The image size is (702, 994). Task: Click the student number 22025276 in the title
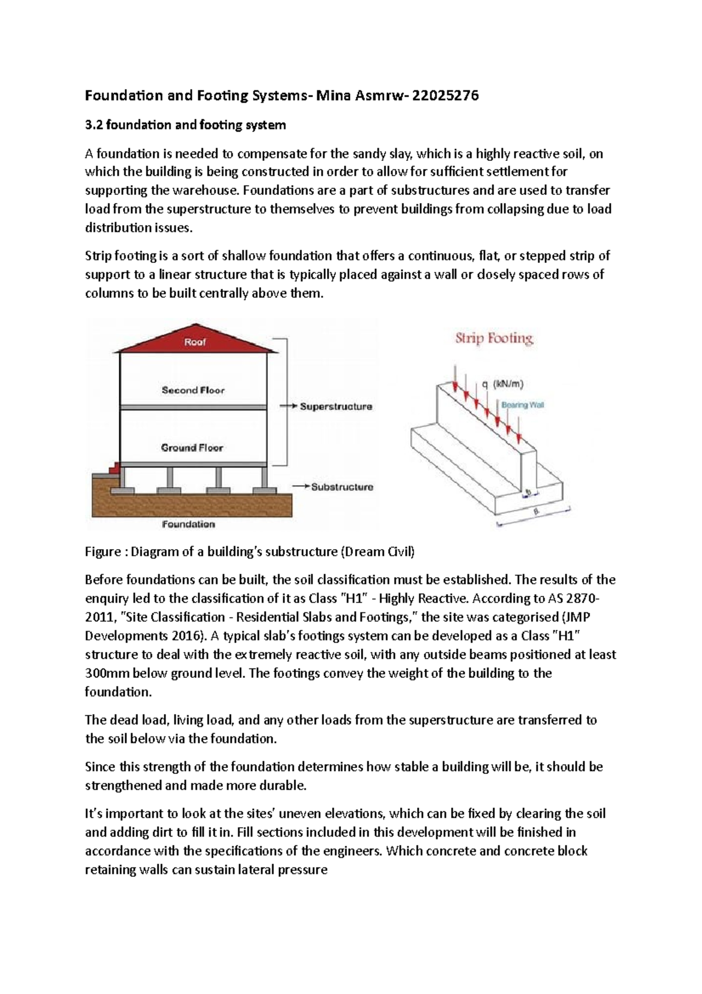click(x=445, y=96)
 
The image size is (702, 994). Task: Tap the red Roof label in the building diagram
click(x=195, y=342)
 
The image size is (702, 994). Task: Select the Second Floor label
click(x=193, y=390)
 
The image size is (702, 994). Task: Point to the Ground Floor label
click(x=192, y=448)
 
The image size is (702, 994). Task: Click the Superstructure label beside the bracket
click(x=336, y=406)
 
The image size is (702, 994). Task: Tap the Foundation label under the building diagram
click(x=188, y=524)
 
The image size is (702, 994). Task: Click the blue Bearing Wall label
click(x=522, y=405)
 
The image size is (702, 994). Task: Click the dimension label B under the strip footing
click(x=535, y=512)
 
